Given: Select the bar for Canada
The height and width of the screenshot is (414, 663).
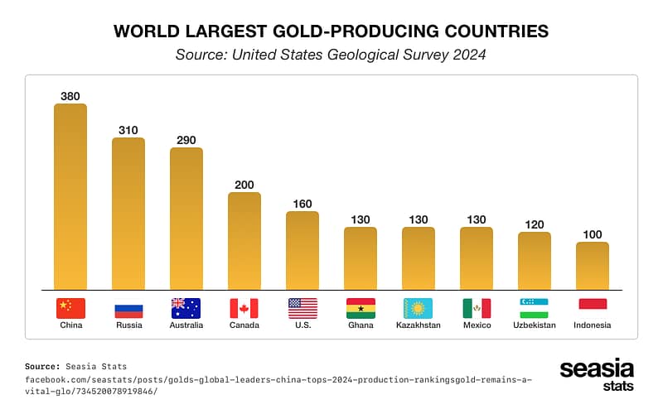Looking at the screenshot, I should [244, 241].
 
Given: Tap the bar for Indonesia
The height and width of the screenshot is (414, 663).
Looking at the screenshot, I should [593, 266].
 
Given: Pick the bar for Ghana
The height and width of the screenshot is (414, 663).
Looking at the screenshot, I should [361, 258].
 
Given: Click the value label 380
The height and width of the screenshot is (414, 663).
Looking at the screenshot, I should [70, 96].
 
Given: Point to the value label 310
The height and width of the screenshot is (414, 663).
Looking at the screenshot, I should [128, 130].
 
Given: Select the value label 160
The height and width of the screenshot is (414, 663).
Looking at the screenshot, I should [302, 204].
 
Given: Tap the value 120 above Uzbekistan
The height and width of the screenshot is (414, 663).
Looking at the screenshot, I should [535, 224].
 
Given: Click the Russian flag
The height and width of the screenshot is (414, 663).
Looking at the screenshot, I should [128, 309].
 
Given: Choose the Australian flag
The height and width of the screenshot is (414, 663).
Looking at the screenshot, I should [186, 309].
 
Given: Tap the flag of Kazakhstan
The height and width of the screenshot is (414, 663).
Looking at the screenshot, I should [419, 309].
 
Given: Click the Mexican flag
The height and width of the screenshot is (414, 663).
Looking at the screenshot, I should [477, 309].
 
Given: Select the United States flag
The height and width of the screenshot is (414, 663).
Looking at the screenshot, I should [302, 309].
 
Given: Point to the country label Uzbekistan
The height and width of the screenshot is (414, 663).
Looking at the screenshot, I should [535, 325].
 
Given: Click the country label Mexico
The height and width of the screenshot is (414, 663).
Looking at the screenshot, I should [477, 325].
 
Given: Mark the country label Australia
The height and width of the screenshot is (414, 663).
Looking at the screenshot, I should [186, 325].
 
